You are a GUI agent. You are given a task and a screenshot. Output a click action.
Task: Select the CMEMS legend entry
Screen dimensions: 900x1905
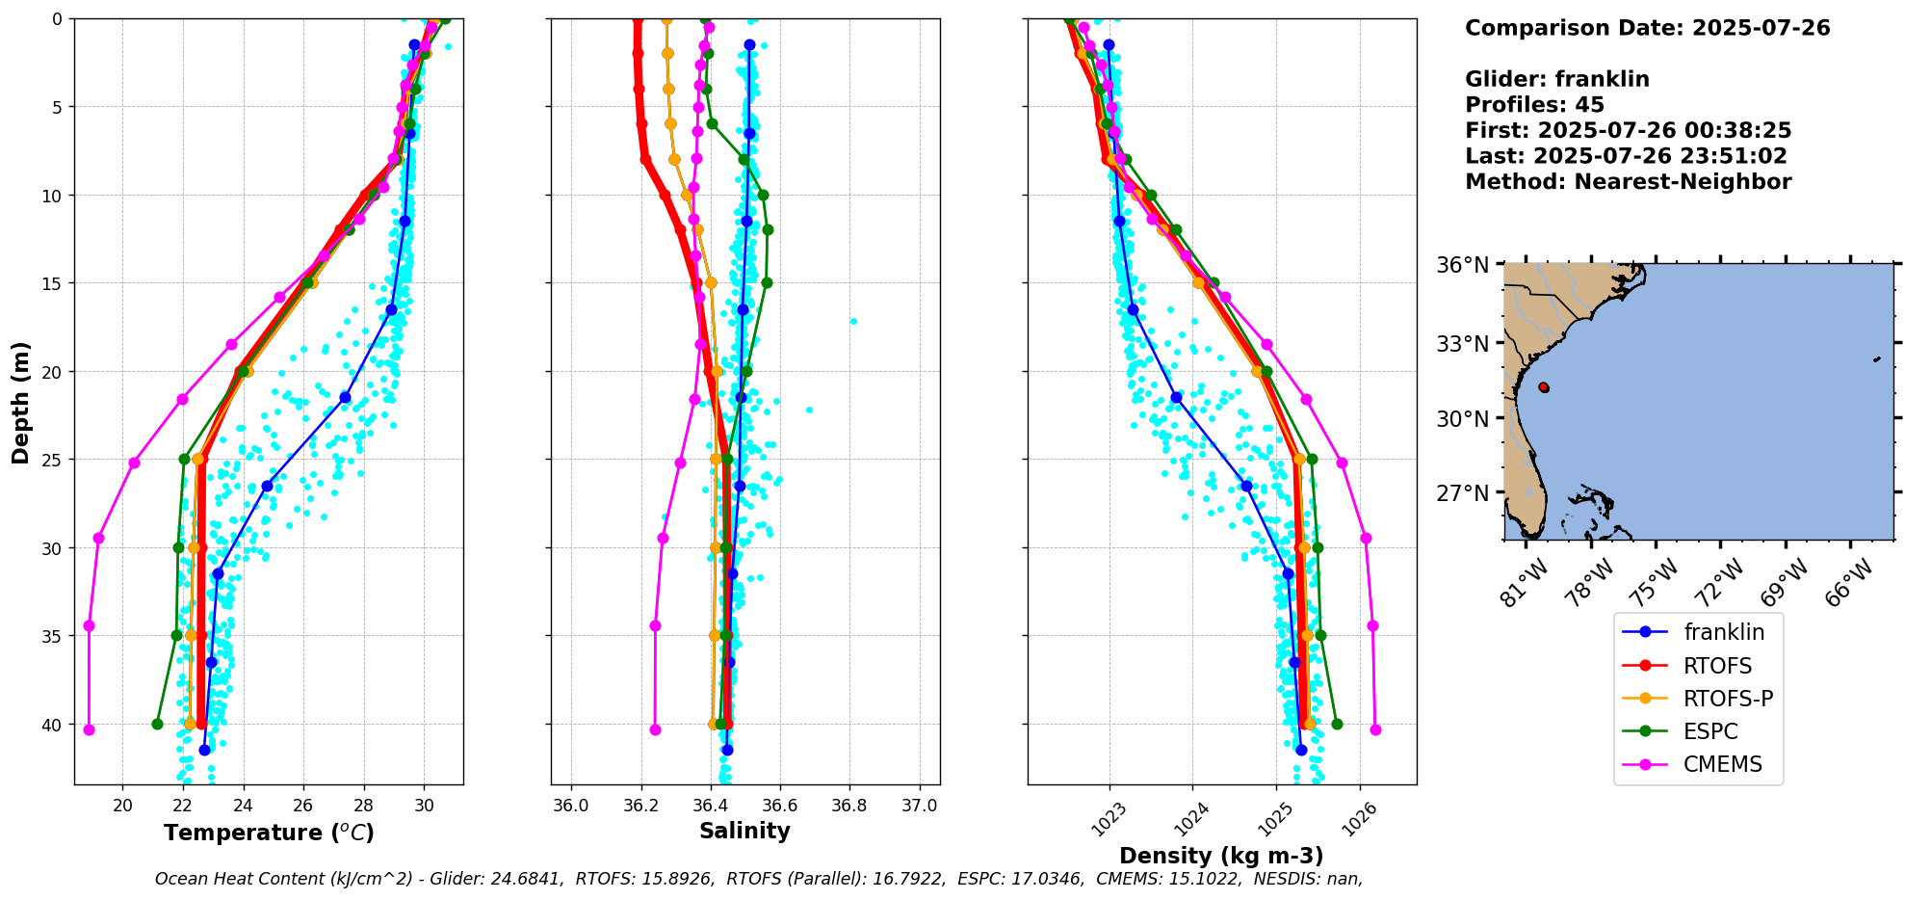pyautogui.click(x=1722, y=764)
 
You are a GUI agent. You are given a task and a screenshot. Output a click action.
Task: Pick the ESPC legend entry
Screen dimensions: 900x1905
pyautogui.click(x=1709, y=731)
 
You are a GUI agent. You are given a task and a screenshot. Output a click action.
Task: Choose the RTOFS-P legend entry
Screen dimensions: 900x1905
pyautogui.click(x=1728, y=699)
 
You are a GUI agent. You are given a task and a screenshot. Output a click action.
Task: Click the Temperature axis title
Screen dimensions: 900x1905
pyautogui.click(x=269, y=833)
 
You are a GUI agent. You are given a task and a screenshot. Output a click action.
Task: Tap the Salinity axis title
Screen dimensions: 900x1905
pyautogui.click(x=744, y=831)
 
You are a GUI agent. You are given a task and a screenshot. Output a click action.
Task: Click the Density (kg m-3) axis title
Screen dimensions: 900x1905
pyautogui.click(x=1221, y=856)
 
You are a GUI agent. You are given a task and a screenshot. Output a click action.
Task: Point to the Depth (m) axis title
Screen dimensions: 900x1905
pyautogui.click(x=21, y=402)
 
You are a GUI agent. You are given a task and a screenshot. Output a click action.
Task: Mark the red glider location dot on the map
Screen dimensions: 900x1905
pyautogui.click(x=1544, y=387)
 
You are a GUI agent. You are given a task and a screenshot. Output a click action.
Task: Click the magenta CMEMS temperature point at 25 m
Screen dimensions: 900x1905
pyautogui.click(x=135, y=463)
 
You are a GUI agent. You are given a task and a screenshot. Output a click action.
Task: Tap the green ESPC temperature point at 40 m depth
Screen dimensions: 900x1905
pyautogui.click(x=157, y=724)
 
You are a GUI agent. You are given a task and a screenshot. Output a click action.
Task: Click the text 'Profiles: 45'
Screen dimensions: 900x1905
pyautogui.click(x=1534, y=105)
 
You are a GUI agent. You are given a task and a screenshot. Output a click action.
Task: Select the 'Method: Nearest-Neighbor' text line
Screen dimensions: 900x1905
pyautogui.click(x=1628, y=182)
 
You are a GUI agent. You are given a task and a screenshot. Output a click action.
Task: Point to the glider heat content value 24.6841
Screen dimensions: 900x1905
pyautogui.click(x=521, y=879)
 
